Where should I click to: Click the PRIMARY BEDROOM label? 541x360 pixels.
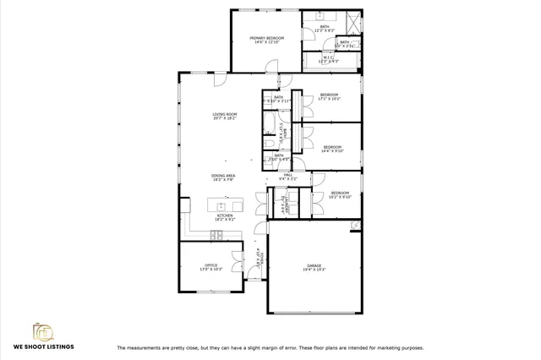coord(266,38)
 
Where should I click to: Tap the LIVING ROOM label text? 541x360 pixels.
coord(225,114)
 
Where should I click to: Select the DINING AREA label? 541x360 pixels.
coord(224,175)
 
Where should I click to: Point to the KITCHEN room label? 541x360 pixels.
coord(225,215)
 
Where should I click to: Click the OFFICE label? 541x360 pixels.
coord(210,265)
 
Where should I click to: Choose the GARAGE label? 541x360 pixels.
coord(314,265)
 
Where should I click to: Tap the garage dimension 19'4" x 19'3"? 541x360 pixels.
coord(314,270)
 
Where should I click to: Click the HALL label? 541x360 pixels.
coord(287,174)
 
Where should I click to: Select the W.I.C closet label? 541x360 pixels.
coord(328,57)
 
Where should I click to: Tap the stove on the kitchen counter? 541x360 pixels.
coord(216,235)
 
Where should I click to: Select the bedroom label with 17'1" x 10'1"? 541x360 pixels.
coord(329,94)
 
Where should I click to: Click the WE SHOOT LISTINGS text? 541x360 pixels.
coord(43,346)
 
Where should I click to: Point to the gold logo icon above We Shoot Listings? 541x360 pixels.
coord(42,330)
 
